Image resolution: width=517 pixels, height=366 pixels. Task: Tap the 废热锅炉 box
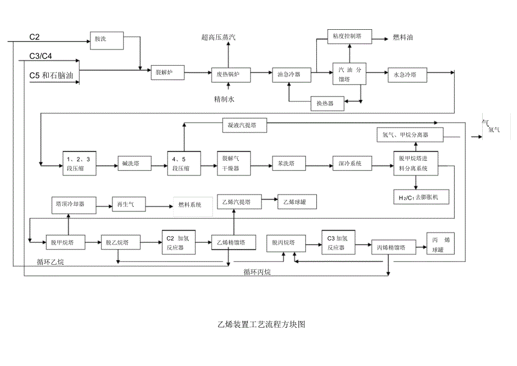(x=228, y=74)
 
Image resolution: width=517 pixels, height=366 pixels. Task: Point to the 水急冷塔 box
(x=406, y=74)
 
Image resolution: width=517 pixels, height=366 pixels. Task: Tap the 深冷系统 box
(x=350, y=164)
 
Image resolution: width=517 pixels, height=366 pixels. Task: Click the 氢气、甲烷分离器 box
(x=409, y=134)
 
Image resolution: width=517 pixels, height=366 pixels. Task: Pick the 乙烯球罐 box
(x=296, y=201)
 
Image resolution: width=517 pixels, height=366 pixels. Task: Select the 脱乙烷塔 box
(x=117, y=243)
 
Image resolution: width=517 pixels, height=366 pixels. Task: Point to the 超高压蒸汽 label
(x=219, y=38)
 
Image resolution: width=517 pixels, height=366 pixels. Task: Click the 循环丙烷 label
(x=257, y=273)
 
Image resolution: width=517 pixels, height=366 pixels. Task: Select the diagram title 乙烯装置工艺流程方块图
(x=261, y=325)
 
